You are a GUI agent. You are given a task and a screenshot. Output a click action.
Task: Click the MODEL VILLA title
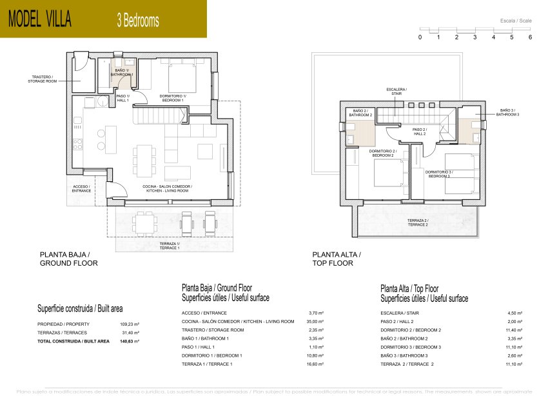(40, 19)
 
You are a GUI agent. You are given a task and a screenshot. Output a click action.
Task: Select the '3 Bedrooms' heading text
(137, 20)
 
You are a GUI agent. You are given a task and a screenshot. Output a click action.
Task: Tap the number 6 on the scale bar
(530, 37)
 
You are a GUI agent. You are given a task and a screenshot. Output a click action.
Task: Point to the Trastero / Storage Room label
(43, 79)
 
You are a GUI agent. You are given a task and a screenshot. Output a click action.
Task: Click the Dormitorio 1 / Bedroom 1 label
(173, 98)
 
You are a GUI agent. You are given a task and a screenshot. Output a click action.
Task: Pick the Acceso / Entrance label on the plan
(81, 188)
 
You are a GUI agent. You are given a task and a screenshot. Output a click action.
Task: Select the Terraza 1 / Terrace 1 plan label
(170, 246)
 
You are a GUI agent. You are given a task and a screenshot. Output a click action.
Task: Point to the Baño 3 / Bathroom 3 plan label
(509, 112)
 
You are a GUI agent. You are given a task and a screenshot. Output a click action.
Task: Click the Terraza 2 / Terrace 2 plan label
(417, 223)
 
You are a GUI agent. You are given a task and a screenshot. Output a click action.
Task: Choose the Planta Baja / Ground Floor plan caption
(69, 259)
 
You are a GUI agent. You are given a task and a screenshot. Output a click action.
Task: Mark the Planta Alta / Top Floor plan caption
(337, 259)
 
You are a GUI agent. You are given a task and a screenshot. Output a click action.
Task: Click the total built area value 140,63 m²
(131, 341)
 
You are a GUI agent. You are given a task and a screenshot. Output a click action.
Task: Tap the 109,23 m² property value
(130, 324)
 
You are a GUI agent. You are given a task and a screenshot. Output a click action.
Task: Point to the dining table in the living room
(145, 159)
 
